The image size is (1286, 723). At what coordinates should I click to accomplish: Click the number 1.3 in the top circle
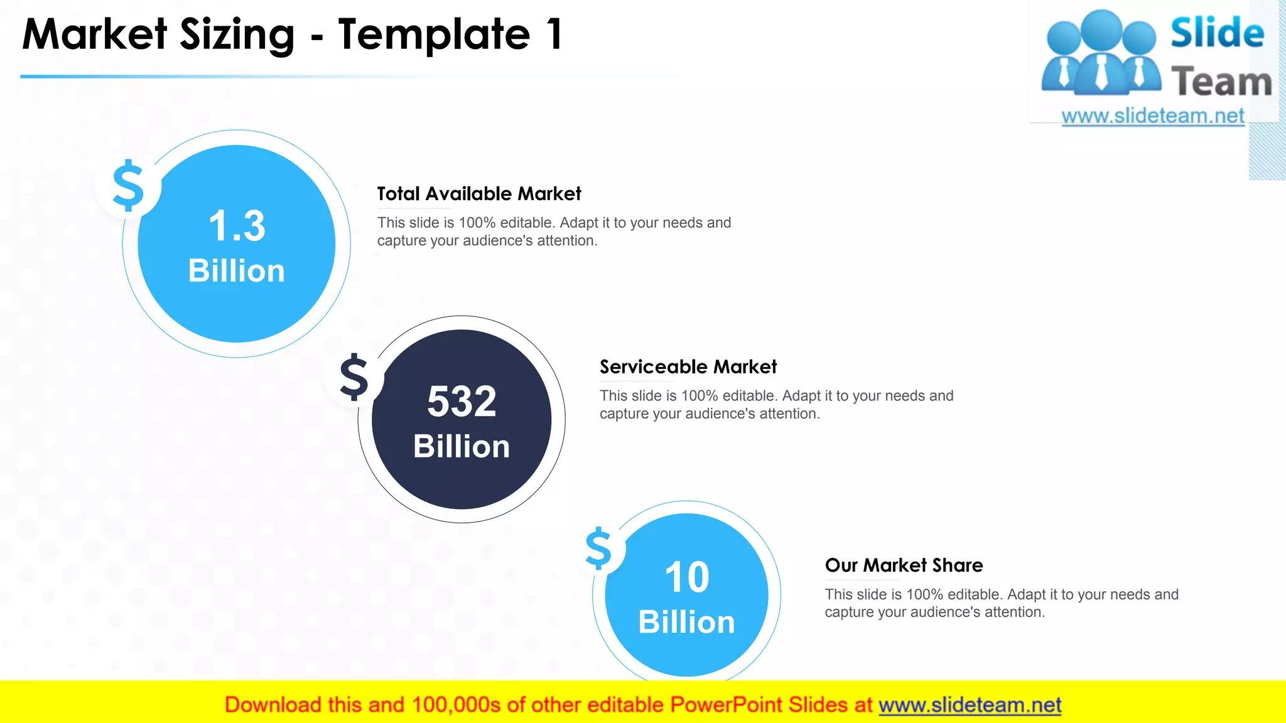click(x=237, y=226)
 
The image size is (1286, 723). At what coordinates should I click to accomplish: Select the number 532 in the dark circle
click(x=462, y=402)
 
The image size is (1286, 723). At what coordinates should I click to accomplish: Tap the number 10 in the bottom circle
click(x=687, y=577)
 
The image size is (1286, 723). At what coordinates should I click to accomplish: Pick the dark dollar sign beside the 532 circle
click(x=354, y=377)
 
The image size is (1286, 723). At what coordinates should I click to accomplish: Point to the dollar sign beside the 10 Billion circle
click(x=598, y=548)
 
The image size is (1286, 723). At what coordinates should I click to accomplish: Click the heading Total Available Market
click(x=479, y=194)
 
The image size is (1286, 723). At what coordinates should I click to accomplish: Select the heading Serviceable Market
click(x=688, y=367)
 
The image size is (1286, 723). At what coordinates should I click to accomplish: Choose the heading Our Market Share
click(x=904, y=565)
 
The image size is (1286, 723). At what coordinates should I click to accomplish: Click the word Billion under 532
click(x=462, y=447)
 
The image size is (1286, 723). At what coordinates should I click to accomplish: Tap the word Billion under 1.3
click(x=237, y=271)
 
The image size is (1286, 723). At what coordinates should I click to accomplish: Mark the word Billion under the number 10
click(x=687, y=623)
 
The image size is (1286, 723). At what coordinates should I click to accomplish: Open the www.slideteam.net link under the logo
click(x=1153, y=116)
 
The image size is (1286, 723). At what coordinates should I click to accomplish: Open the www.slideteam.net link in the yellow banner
click(x=970, y=705)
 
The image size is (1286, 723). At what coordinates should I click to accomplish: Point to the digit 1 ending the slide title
click(x=554, y=35)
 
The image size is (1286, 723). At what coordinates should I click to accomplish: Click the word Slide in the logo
click(x=1217, y=33)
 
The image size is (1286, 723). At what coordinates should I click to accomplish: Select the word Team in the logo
click(x=1221, y=82)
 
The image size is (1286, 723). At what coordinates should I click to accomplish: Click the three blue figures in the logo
click(x=1101, y=53)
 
